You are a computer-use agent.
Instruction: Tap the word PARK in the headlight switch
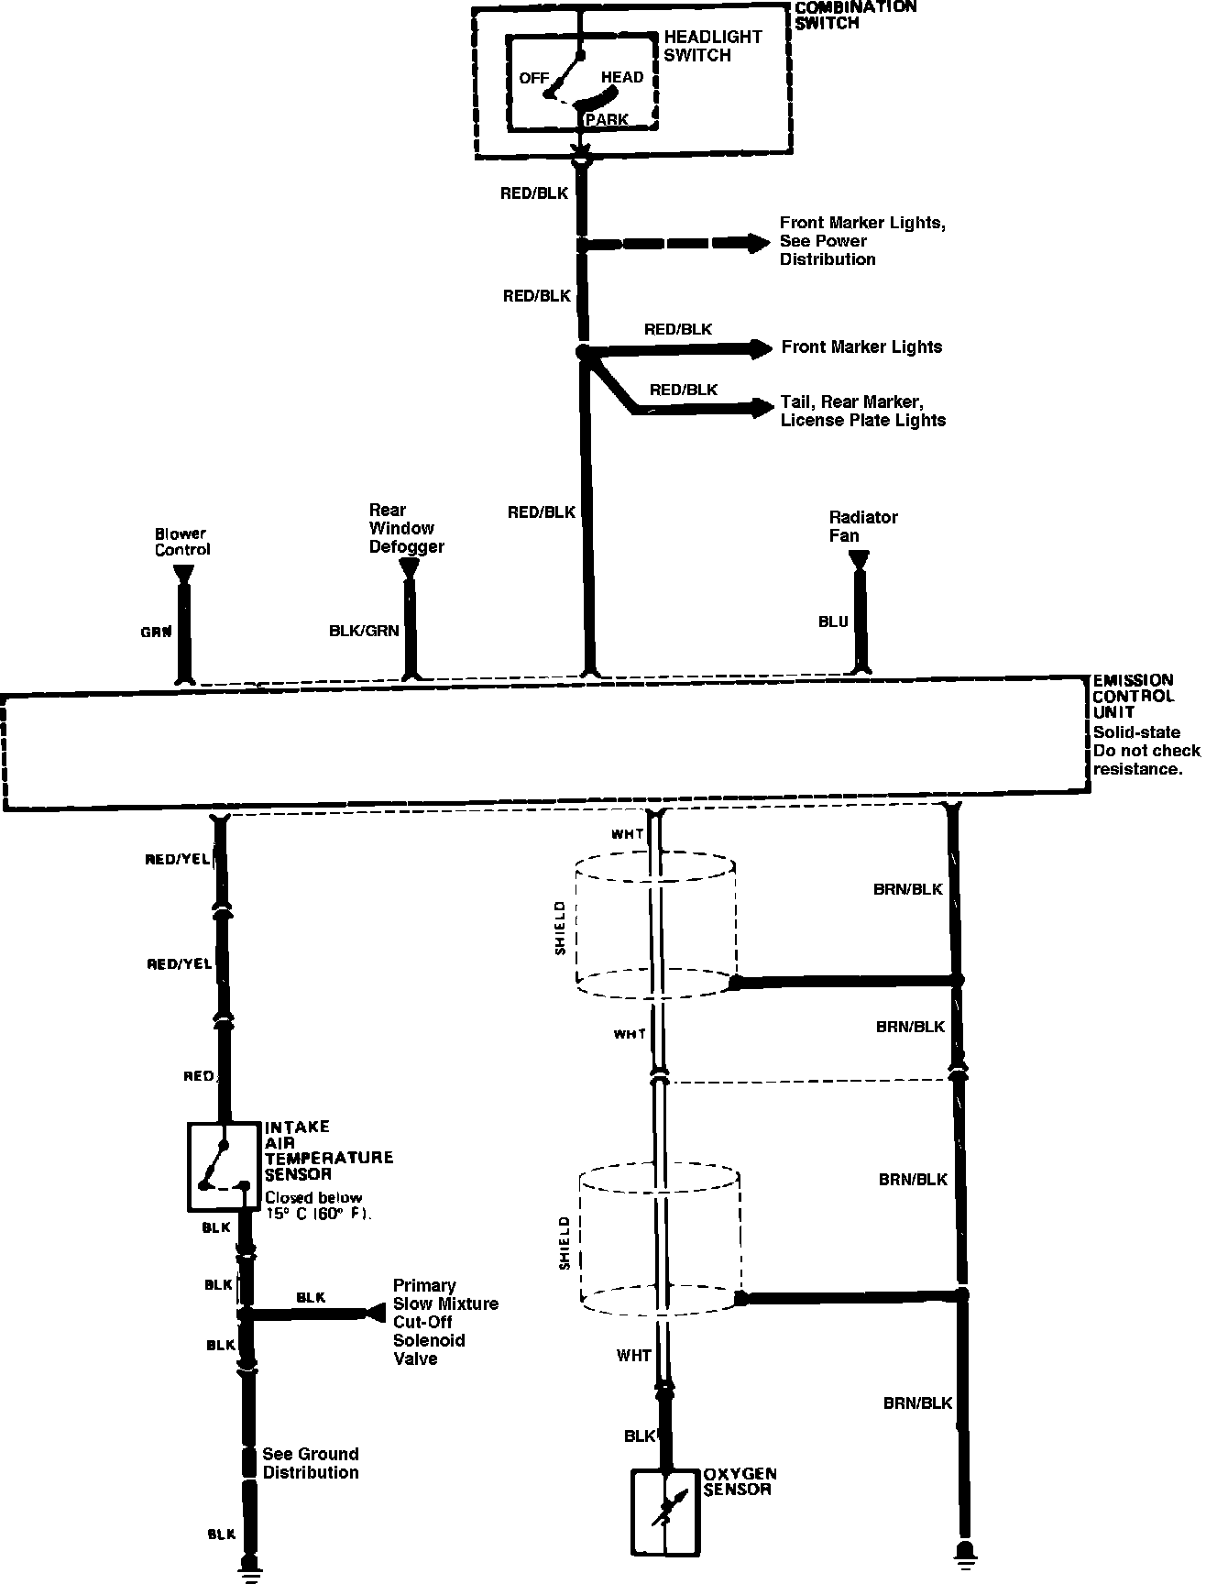(x=607, y=120)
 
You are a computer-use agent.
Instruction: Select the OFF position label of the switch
(x=533, y=78)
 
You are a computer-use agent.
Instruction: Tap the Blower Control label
(x=181, y=542)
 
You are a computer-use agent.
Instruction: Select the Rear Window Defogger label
(x=406, y=528)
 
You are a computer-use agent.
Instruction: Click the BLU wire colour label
(x=833, y=621)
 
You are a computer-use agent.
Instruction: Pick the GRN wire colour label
(x=156, y=632)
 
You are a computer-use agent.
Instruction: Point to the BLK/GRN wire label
(x=364, y=631)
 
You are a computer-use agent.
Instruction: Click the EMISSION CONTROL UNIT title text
(x=1133, y=696)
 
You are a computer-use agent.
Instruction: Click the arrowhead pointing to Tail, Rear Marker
(x=762, y=408)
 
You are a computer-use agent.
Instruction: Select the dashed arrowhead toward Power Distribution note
(x=758, y=243)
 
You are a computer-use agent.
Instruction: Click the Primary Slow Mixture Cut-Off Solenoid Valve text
(x=444, y=1322)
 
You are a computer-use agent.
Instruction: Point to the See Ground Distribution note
(x=310, y=1463)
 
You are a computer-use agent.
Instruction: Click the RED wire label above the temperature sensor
(x=198, y=1076)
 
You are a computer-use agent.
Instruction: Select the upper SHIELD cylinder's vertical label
(x=561, y=928)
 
